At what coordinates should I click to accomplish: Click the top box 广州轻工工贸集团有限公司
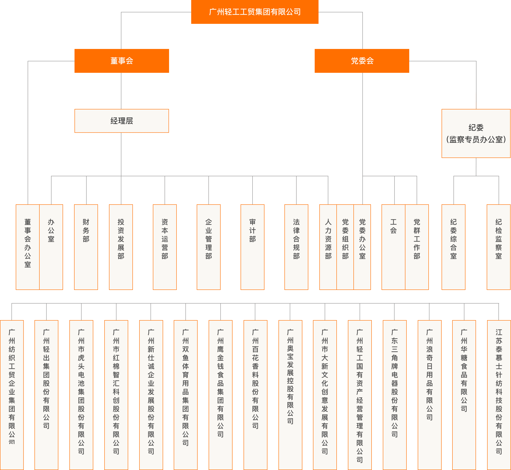point(255,12)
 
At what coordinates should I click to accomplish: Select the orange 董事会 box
point(122,61)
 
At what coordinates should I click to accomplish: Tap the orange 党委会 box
point(362,61)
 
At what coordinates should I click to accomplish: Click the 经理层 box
point(122,121)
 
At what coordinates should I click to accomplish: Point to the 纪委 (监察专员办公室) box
point(476,133)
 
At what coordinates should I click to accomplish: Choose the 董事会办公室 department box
point(27,247)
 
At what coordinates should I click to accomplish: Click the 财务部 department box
point(86,247)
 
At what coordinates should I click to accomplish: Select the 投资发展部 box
point(121,247)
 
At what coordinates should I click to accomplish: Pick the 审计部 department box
point(252,247)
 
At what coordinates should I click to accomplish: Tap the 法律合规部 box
point(296,247)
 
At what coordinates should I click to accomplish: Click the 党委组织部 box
point(345,247)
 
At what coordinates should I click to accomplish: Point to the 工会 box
point(393,247)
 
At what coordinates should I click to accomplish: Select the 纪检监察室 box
point(498,247)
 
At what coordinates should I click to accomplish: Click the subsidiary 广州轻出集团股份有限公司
point(46,394)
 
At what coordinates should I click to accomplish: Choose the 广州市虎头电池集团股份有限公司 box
point(81,394)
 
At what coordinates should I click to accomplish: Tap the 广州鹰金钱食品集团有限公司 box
point(220,394)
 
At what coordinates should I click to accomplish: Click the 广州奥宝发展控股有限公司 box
point(290,394)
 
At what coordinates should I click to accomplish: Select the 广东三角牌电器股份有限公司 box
point(395,394)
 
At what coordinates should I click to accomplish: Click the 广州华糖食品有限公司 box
point(464,394)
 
